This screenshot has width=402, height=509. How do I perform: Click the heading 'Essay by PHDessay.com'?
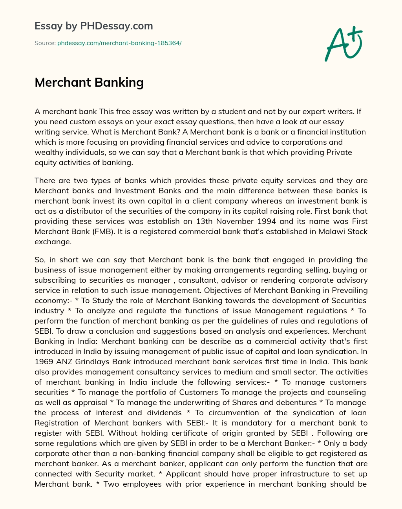pyautogui.click(x=93, y=26)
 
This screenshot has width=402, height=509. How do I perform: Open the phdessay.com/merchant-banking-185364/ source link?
pyautogui.click(x=119, y=43)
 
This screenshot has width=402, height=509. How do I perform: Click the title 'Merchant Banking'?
pyautogui.click(x=89, y=82)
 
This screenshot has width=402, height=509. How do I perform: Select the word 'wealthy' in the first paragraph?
pyautogui.click(x=47, y=152)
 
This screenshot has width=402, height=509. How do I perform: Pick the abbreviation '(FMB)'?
pyautogui.click(x=103, y=231)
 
